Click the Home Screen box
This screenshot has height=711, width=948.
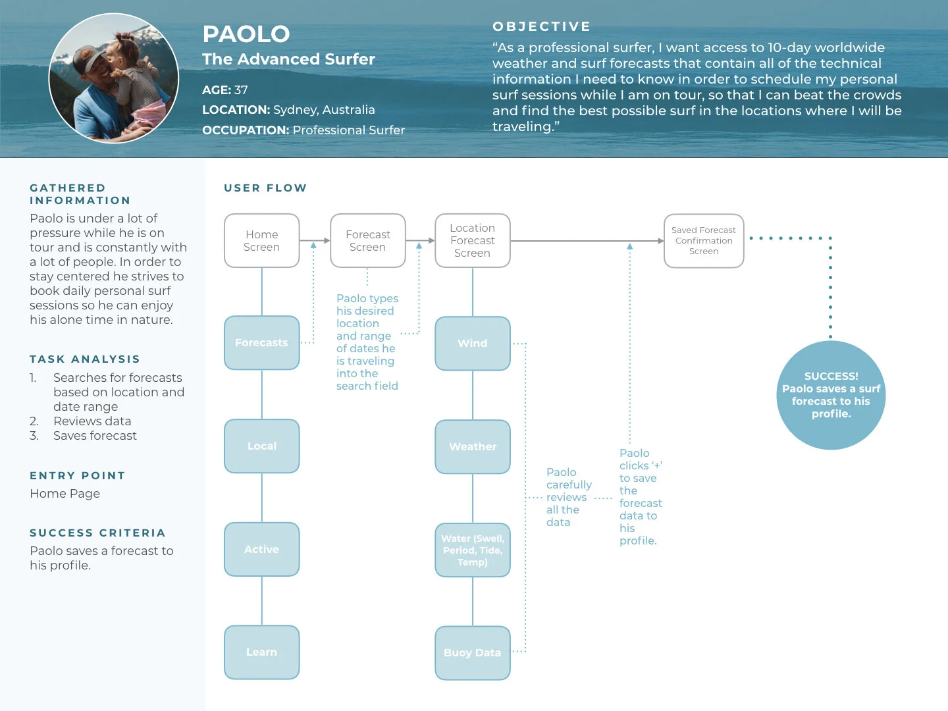tap(262, 241)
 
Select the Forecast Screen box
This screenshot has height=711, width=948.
tap(367, 241)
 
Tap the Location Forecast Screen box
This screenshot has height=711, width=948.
tap(473, 241)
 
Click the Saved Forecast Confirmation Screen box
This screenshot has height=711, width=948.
tap(704, 241)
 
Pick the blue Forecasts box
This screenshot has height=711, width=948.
tap(262, 343)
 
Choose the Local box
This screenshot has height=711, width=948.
tap(262, 446)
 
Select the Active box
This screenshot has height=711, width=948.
tap(262, 550)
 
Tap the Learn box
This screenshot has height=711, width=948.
tap(262, 652)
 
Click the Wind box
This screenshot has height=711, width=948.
tap(473, 344)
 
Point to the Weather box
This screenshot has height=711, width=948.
tap(473, 447)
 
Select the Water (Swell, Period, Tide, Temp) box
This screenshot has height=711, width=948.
tap(473, 550)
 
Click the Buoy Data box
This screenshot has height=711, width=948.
tap(473, 653)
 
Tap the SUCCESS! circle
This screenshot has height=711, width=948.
tap(831, 395)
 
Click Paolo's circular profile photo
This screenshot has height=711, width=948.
tap(114, 78)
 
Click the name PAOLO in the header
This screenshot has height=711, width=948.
tap(246, 34)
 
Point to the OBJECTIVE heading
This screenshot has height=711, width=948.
tap(542, 26)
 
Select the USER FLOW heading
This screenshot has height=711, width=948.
tap(265, 188)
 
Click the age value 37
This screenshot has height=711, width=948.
tap(241, 90)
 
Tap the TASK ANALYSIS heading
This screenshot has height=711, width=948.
tap(85, 359)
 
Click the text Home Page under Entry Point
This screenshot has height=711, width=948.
tap(65, 494)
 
